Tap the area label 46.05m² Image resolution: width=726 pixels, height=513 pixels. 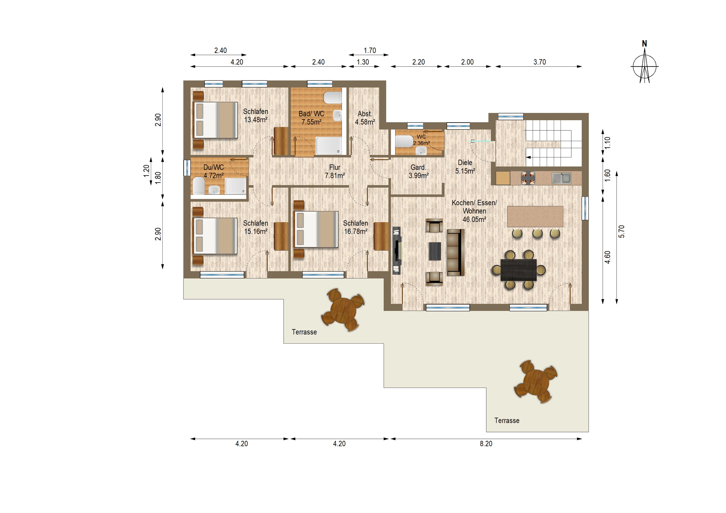coord(474,219)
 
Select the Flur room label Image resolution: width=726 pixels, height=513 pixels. coord(335,167)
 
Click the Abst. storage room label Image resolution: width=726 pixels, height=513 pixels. coord(365,114)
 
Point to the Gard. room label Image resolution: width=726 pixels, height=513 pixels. coord(418,167)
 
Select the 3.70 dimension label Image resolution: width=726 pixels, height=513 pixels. coord(540,62)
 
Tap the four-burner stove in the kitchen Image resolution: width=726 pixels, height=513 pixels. coord(528,178)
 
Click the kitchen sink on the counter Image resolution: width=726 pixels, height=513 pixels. coord(561,178)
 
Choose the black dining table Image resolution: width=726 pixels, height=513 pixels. coord(519,270)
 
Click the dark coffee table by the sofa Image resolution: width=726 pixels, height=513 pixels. coord(435,251)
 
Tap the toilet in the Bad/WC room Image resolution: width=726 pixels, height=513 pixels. coord(333,98)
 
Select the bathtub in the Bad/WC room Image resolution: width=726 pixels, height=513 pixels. coord(329,146)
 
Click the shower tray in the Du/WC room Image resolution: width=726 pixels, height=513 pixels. coord(235,186)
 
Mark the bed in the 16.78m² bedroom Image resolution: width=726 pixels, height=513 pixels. coord(316,229)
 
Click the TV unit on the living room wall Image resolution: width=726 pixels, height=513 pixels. coord(397,250)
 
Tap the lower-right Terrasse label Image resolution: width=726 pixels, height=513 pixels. coord(507,420)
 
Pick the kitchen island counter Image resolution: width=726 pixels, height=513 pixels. coord(535,217)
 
